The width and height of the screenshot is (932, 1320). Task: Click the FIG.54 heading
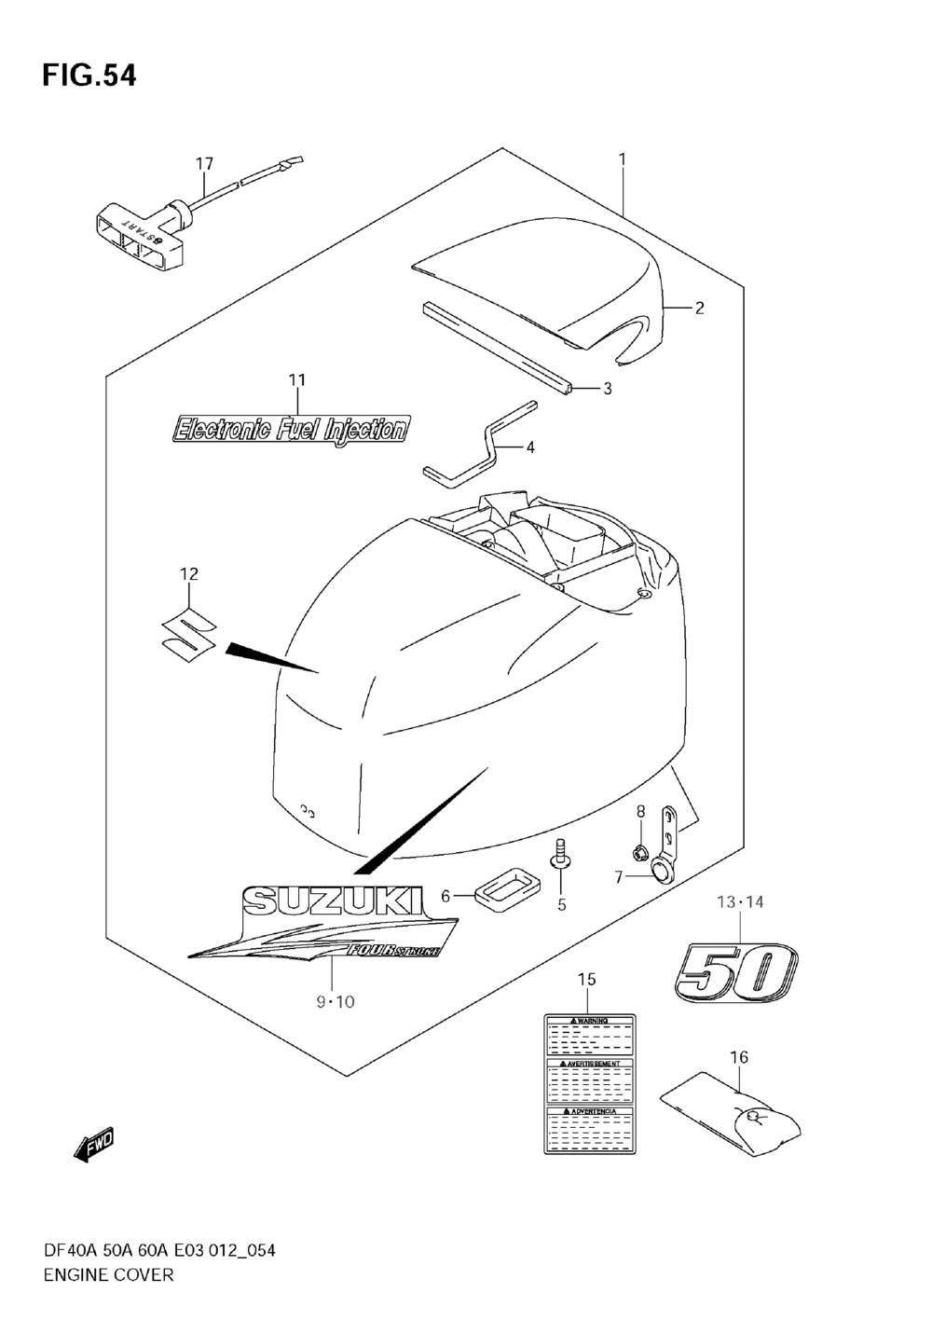89,76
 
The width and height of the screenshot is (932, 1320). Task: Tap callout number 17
204,164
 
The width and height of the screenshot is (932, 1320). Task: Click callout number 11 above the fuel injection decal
296,380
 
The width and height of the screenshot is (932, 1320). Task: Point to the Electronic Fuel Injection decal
291,429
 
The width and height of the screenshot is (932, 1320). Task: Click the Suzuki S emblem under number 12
187,637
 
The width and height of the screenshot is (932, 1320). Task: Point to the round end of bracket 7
661,872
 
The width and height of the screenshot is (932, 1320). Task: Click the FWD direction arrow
94,1146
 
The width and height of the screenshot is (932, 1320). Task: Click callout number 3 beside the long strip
607,389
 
